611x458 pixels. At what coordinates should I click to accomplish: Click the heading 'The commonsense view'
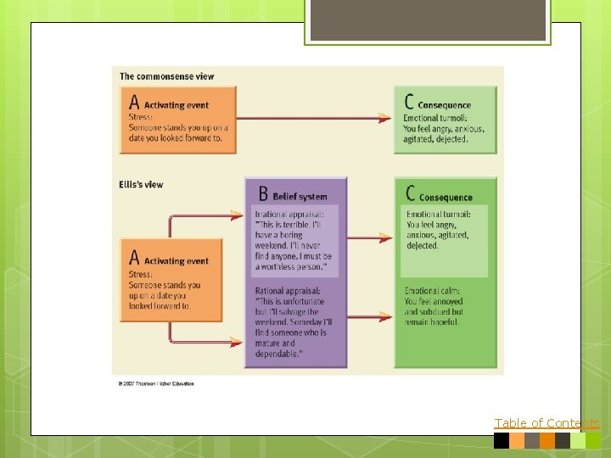click(166, 76)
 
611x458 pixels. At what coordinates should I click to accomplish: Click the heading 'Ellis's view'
click(141, 184)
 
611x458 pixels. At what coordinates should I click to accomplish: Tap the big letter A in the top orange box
click(134, 103)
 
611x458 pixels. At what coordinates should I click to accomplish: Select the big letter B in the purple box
click(262, 194)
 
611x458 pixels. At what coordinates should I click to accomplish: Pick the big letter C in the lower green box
click(411, 195)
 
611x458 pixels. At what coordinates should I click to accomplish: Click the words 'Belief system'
click(300, 197)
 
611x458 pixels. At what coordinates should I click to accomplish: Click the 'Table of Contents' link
click(547, 423)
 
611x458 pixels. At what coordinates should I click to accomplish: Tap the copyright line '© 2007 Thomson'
click(156, 383)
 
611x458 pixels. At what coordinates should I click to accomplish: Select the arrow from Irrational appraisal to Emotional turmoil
click(370, 238)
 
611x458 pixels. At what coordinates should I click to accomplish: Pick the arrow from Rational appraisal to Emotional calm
click(370, 317)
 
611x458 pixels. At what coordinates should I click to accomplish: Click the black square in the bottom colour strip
click(501, 440)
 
